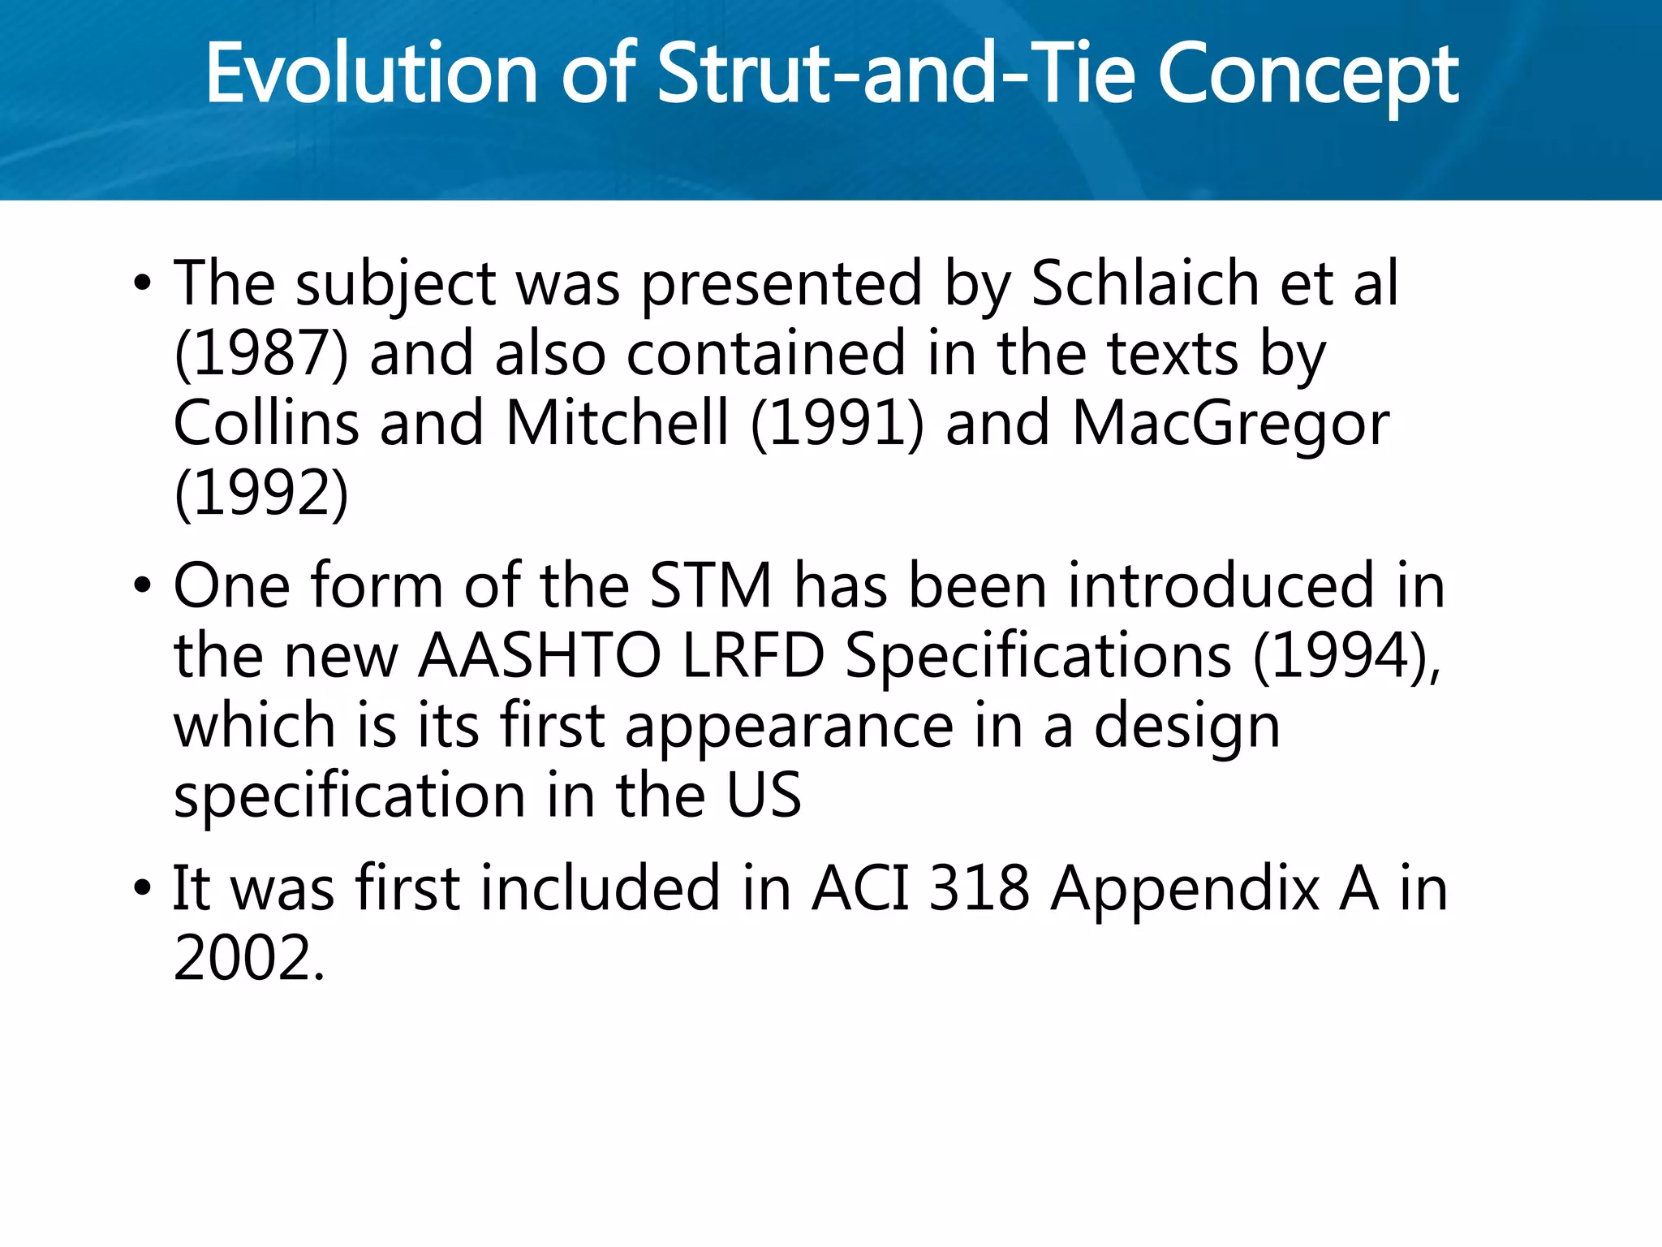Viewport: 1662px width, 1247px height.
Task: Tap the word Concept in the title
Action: click(1307, 75)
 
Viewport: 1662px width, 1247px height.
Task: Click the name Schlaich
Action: click(1144, 284)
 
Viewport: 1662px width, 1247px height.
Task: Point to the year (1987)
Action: click(260, 355)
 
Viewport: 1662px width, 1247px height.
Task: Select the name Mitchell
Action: click(617, 424)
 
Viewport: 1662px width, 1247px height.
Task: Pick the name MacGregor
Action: click(1230, 424)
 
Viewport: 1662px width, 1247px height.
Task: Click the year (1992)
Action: click(260, 494)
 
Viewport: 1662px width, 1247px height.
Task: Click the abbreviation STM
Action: click(711, 586)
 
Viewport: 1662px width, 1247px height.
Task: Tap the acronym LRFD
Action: click(753, 656)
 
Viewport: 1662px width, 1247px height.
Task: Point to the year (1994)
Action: click(1346, 656)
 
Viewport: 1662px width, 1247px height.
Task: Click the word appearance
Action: click(789, 726)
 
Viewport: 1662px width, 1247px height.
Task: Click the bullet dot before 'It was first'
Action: click(142, 888)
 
